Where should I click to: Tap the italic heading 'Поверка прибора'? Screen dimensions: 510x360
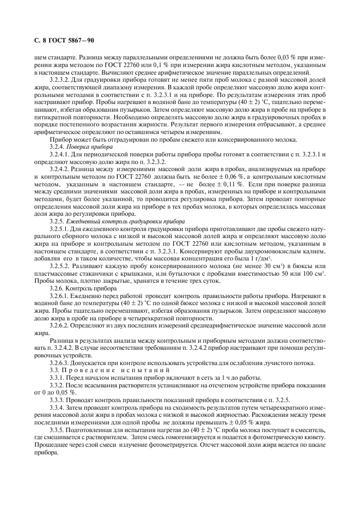(94, 148)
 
